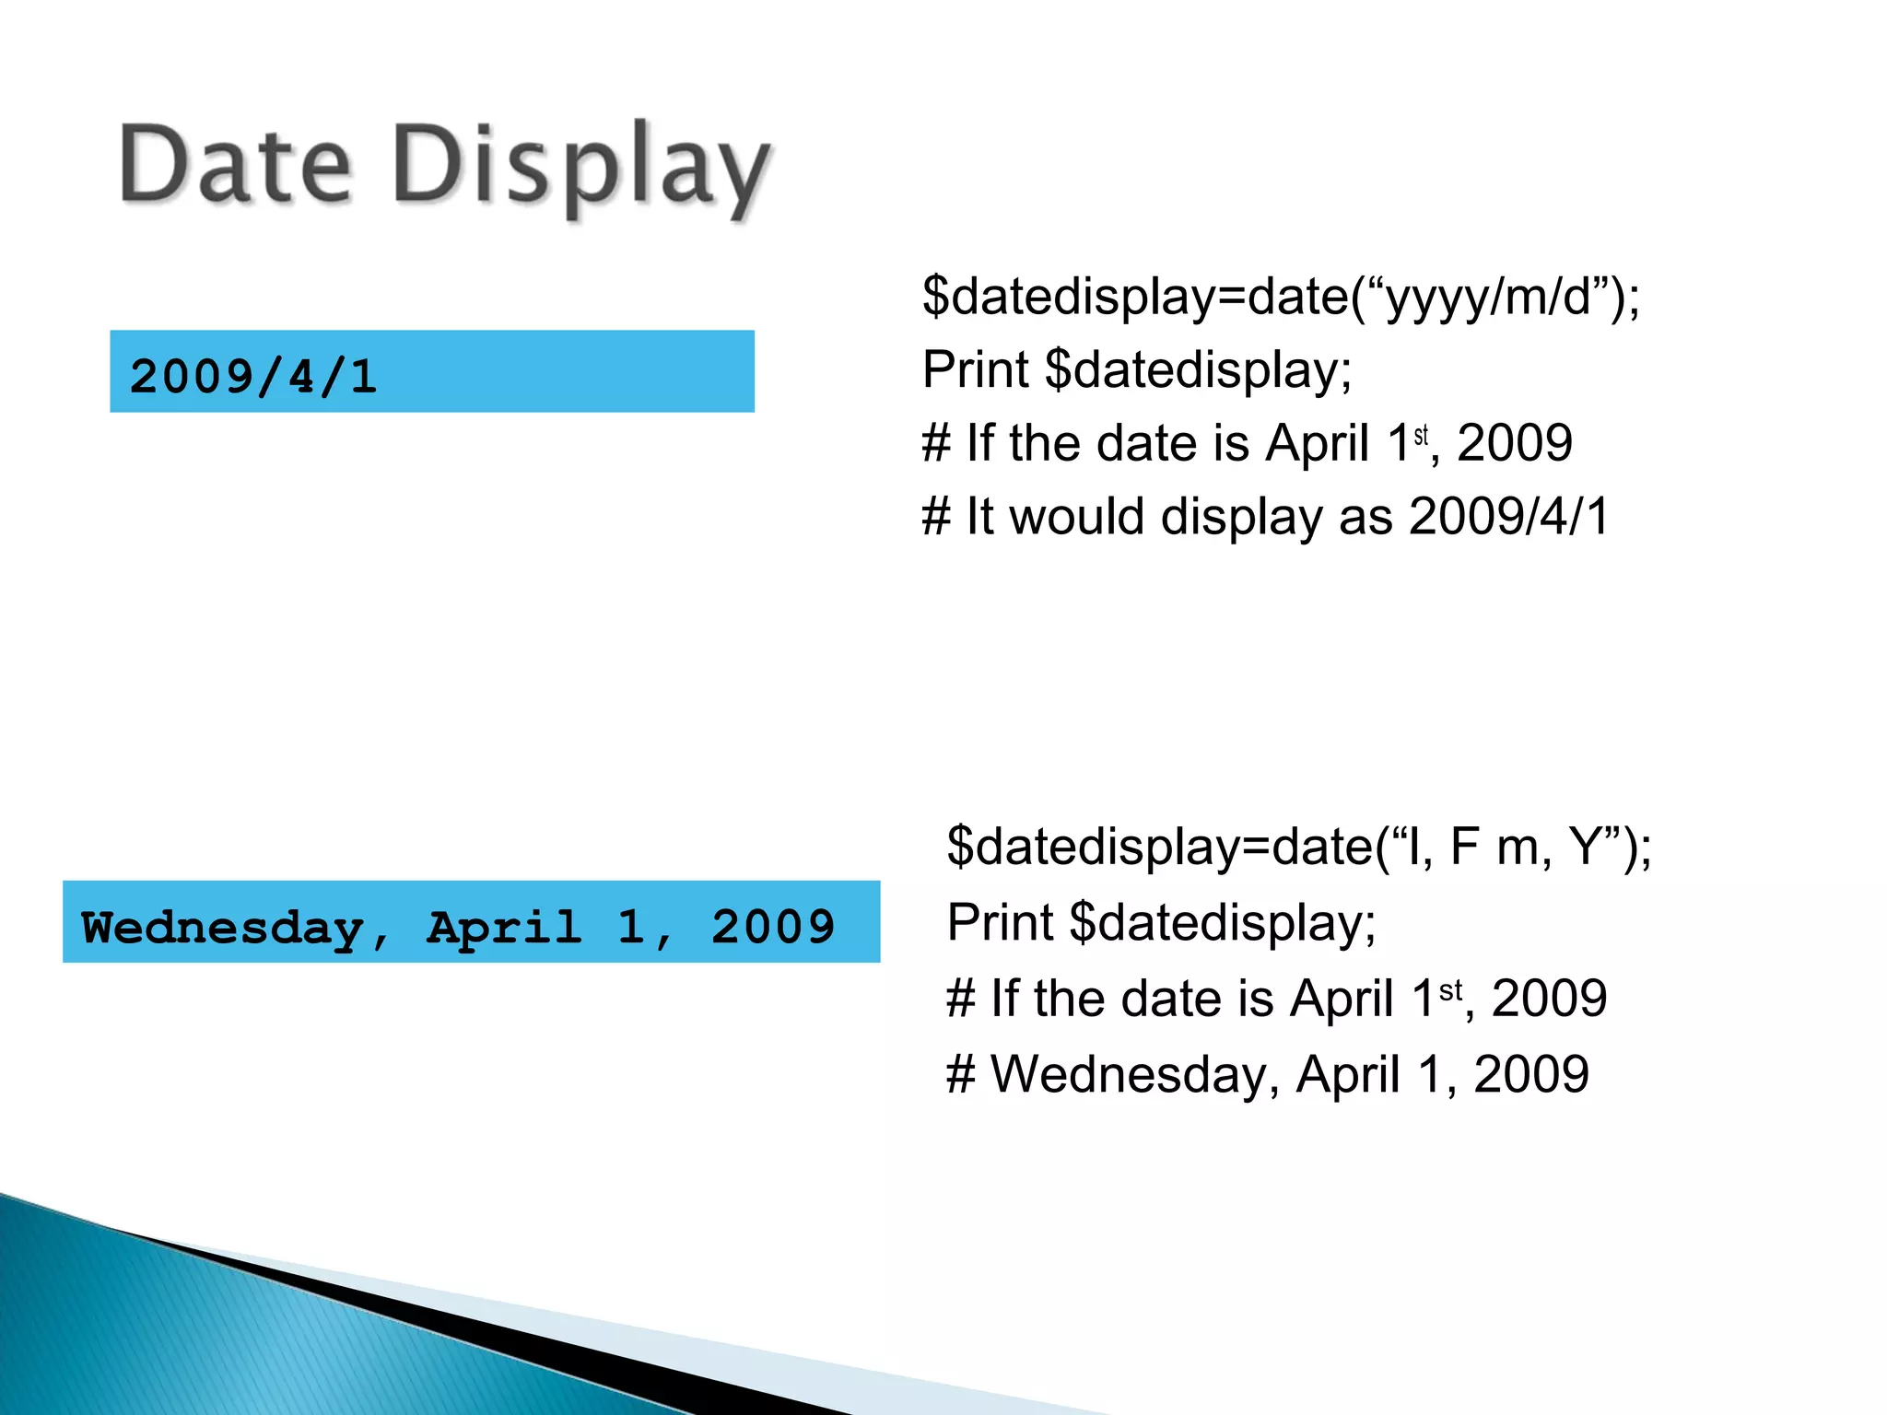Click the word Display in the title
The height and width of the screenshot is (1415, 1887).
pyautogui.click(x=580, y=170)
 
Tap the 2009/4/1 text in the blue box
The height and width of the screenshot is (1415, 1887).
pyautogui.click(x=253, y=376)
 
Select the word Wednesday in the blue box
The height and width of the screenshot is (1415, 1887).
pyautogui.click(x=221, y=927)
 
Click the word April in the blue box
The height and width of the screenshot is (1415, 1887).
pyautogui.click(x=504, y=927)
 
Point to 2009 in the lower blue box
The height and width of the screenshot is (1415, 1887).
pyautogui.click(x=772, y=927)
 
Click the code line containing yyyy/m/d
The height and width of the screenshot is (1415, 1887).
pyautogui.click(x=1281, y=297)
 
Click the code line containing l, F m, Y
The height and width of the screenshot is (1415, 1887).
pyautogui.click(x=1299, y=846)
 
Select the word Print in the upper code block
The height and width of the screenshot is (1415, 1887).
pyautogui.click(x=975, y=370)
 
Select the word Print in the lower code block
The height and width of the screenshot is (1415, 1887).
pyautogui.click(x=1000, y=921)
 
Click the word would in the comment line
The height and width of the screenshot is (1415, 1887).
pyautogui.click(x=1077, y=516)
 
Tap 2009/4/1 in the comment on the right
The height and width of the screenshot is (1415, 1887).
pyautogui.click(x=1508, y=516)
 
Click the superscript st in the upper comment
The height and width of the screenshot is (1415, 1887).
pyautogui.click(x=1421, y=434)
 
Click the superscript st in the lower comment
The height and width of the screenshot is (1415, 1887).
pyautogui.click(x=1450, y=990)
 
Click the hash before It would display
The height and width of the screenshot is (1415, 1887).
pyautogui.click(x=935, y=516)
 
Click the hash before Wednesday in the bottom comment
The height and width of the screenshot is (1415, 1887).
pyautogui.click(x=960, y=1074)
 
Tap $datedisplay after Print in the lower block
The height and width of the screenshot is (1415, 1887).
pyautogui.click(x=1223, y=921)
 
